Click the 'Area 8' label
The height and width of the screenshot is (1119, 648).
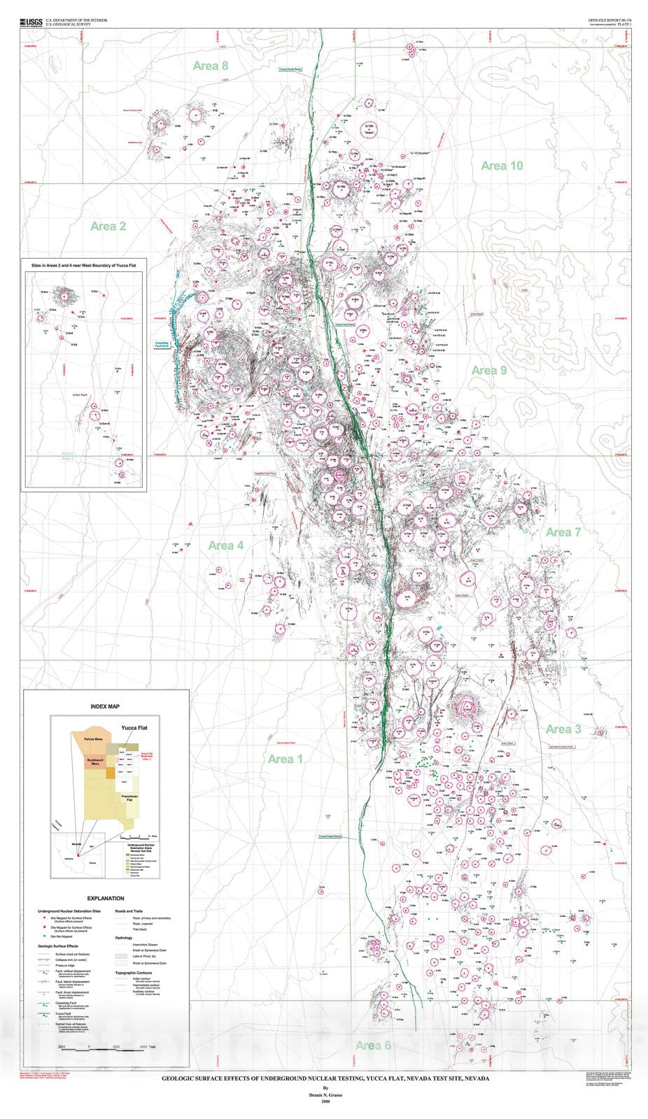tap(211, 66)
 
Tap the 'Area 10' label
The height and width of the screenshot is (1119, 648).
tap(502, 166)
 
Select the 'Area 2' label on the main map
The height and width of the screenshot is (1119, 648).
tap(108, 226)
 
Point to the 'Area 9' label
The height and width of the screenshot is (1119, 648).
tap(488, 370)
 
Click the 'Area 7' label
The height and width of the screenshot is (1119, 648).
tap(563, 532)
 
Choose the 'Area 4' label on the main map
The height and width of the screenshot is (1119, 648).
tap(225, 546)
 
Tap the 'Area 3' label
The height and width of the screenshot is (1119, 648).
tap(563, 729)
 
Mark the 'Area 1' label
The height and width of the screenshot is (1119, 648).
tap(285, 759)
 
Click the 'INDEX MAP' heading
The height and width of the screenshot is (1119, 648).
tap(105, 707)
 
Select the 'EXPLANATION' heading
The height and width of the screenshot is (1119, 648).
tap(106, 899)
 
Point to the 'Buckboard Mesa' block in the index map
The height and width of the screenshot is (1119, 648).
tap(95, 762)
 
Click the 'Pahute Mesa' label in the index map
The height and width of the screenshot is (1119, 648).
tap(93, 739)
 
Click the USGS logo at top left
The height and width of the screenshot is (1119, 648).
tap(31, 23)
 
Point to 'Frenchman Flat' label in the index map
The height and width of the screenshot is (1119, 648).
tap(129, 799)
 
